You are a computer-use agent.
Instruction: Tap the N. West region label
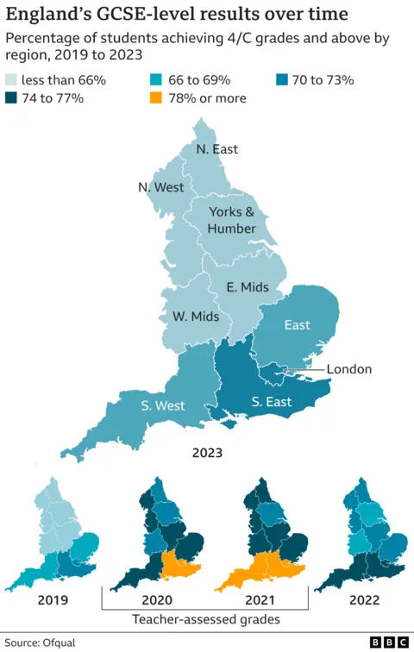pos(160,187)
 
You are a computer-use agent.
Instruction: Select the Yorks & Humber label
pos(232,220)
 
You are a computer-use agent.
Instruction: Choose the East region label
pos(297,325)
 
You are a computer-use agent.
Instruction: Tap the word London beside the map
pos(349,369)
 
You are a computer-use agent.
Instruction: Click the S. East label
pos(271,402)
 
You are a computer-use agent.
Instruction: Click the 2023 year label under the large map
pos(208,452)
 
